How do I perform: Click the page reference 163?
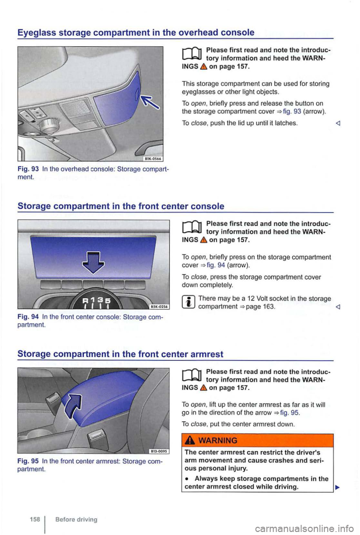pos(269,307)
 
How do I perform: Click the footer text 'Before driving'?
pos(76,520)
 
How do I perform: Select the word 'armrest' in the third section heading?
pos(207,354)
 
